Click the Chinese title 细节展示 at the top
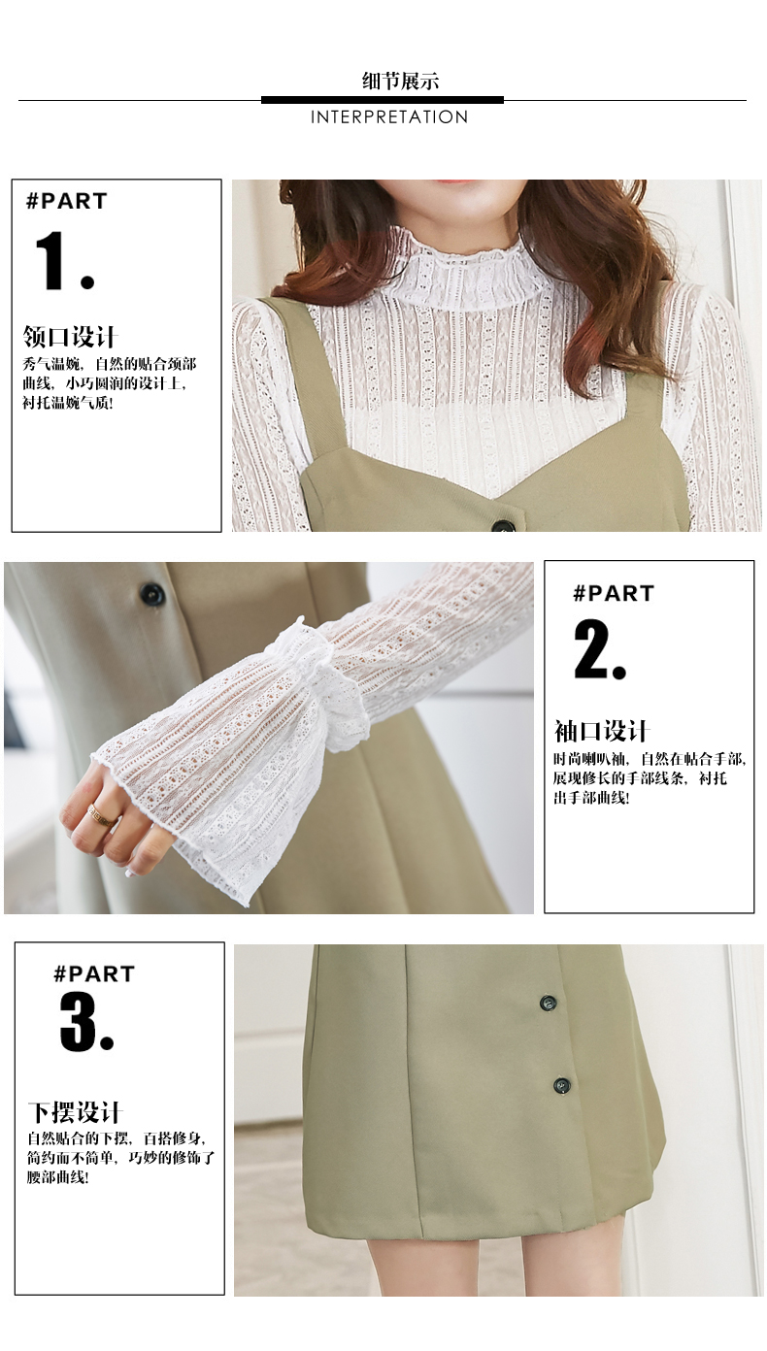(x=400, y=81)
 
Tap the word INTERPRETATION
(x=389, y=117)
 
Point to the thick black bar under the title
(x=382, y=100)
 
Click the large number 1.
(x=63, y=261)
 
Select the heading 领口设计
(x=69, y=337)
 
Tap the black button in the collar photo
(x=503, y=525)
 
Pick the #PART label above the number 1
(x=66, y=201)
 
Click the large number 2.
(x=599, y=650)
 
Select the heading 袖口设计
(x=601, y=731)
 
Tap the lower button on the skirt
(x=562, y=1085)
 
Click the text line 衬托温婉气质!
(x=68, y=403)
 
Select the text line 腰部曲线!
(x=58, y=1176)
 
